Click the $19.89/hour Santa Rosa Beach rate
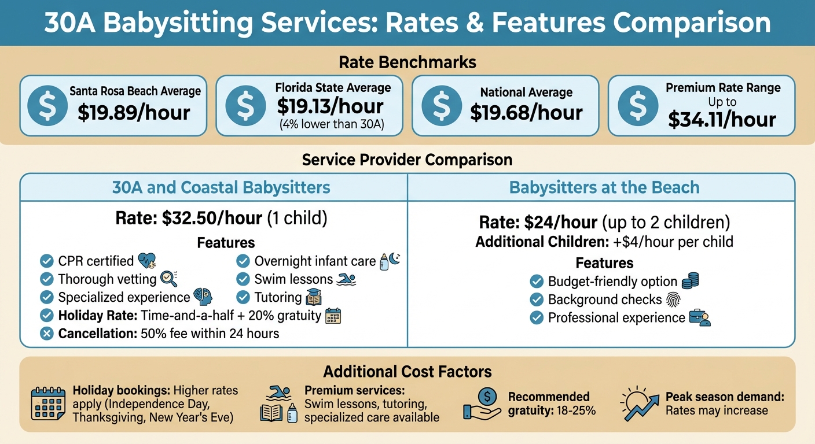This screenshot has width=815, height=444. [x=134, y=112]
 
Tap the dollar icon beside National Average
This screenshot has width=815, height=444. [x=442, y=106]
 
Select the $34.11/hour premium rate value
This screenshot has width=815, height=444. [x=722, y=119]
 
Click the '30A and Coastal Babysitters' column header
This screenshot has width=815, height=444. [x=221, y=187]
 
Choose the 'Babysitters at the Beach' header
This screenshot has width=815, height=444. [x=604, y=187]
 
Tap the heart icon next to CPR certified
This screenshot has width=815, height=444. [x=147, y=261]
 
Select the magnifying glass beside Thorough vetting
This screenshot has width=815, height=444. [x=168, y=279]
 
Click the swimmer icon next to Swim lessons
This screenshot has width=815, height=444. [x=346, y=280]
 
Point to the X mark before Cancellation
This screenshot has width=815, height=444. [x=47, y=334]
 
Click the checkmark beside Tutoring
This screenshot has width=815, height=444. [x=243, y=298]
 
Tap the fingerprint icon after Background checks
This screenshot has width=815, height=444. [x=674, y=299]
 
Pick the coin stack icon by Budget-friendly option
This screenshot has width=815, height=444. [x=690, y=282]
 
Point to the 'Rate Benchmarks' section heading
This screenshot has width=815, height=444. [x=407, y=62]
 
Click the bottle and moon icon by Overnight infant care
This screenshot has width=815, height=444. [x=390, y=261]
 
